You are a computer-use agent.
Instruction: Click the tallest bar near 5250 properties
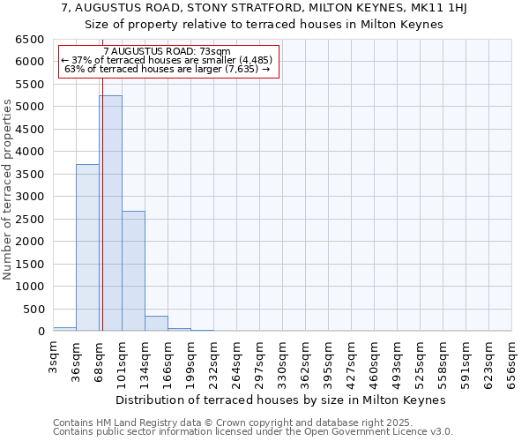click(110, 213)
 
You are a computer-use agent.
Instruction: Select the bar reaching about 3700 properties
click(87, 248)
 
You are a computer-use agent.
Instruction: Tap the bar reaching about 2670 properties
click(133, 271)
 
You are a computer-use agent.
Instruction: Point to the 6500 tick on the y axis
click(32, 40)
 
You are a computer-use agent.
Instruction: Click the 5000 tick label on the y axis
click(32, 107)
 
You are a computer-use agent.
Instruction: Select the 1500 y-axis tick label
click(32, 264)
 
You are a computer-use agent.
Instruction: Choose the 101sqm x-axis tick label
click(123, 357)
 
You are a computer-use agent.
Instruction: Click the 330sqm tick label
click(283, 357)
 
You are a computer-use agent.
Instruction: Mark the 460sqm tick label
click(375, 357)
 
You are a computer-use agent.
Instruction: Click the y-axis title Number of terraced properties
click(8, 190)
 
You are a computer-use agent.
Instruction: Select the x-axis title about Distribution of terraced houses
click(281, 400)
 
